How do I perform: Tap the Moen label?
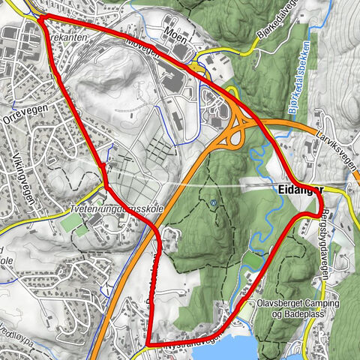[x=175, y=32]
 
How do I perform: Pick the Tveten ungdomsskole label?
[x=115, y=207]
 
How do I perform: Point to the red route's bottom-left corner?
[x=150, y=343]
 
